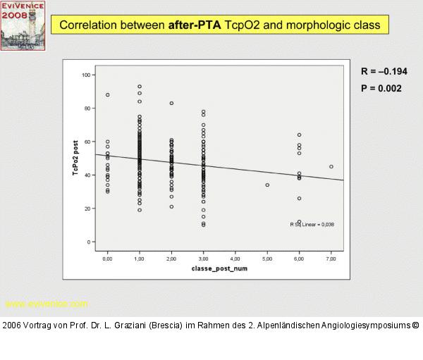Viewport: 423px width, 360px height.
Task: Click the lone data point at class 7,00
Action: coord(331,167)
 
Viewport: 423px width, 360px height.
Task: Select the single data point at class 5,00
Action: coord(267,185)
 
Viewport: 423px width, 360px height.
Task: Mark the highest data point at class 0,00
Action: coord(107,94)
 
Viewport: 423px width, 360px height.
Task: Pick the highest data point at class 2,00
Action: coord(171,103)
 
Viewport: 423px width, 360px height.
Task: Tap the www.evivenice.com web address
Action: coord(47,304)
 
